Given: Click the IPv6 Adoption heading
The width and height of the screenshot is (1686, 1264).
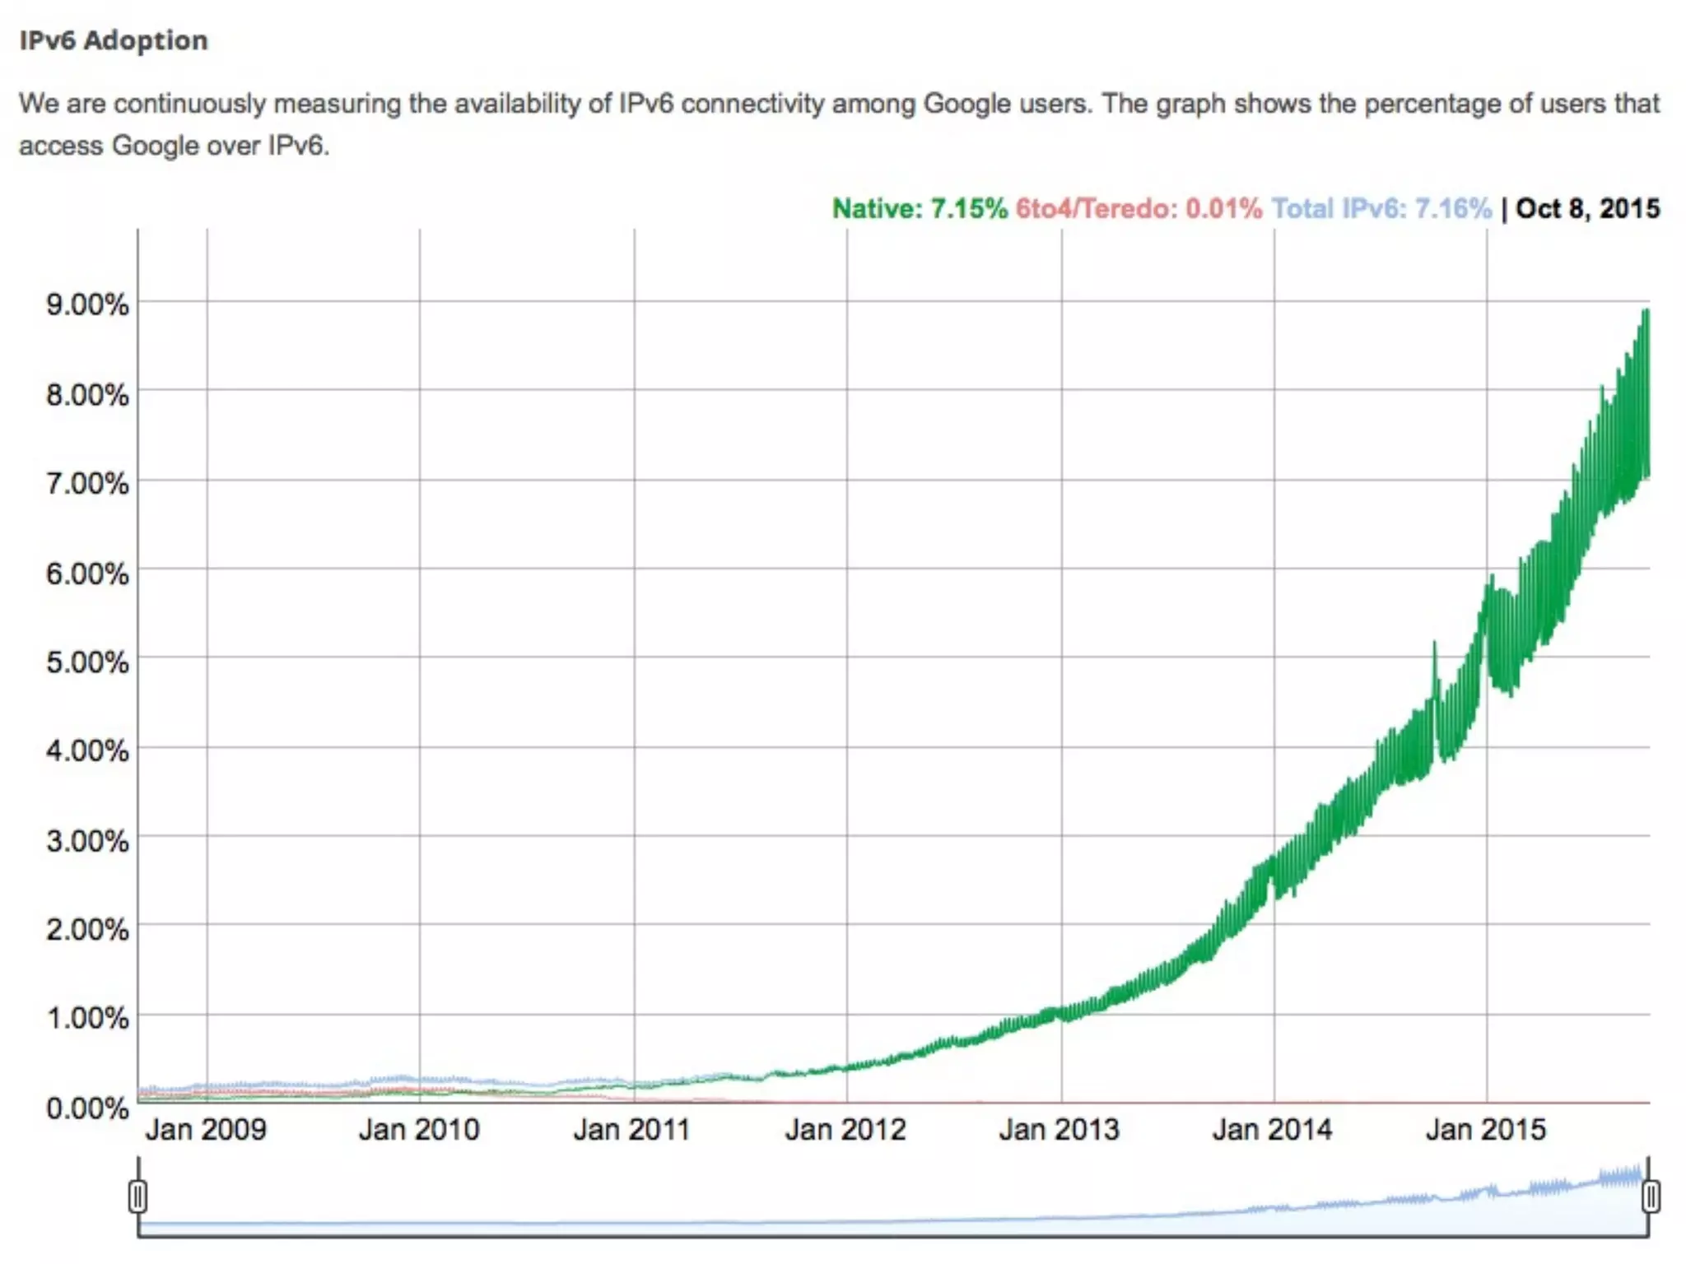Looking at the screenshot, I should [114, 40].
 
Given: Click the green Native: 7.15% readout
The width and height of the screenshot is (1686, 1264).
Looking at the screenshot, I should [919, 208].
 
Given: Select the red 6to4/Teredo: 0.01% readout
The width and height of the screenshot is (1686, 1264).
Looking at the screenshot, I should [1138, 208].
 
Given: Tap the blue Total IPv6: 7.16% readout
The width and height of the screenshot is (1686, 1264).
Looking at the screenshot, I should [1381, 208].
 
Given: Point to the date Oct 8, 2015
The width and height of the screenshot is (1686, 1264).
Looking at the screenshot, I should [1587, 208].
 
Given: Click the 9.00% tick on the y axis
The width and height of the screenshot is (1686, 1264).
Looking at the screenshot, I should [87, 304].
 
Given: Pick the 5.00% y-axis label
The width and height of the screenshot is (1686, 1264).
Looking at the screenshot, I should [87, 662].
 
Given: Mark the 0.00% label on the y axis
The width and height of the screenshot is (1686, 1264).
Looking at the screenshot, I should [87, 1108].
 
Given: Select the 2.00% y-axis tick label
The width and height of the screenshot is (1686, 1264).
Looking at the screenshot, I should [87, 929].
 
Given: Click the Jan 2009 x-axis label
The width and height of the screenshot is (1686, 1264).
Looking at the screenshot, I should [206, 1129].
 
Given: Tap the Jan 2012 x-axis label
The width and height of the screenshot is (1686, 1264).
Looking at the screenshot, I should [845, 1129].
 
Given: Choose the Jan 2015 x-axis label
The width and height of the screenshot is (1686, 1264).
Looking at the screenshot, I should [1485, 1129].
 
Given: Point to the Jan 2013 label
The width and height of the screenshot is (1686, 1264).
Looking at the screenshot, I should [1059, 1129].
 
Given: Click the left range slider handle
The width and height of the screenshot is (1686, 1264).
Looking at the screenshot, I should [138, 1196].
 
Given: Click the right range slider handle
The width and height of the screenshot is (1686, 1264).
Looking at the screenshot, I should [1650, 1196].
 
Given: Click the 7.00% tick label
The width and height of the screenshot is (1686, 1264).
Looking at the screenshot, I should [87, 482].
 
